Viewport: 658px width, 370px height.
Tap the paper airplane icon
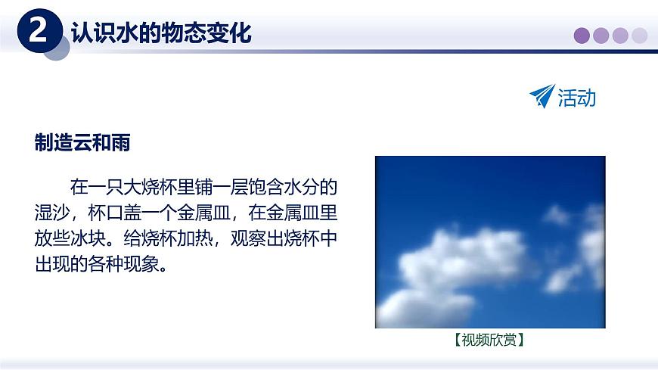[x=542, y=96]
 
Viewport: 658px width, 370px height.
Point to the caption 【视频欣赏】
[x=490, y=340]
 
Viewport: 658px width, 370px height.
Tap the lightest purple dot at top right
[x=640, y=35]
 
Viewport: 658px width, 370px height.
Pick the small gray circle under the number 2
[x=54, y=51]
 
